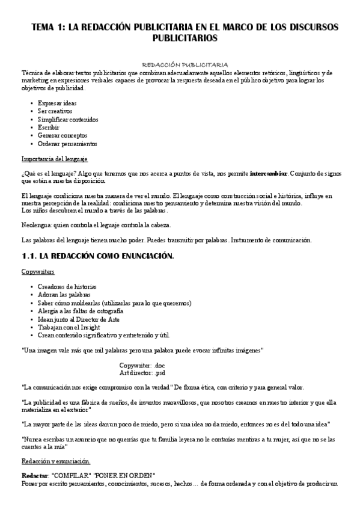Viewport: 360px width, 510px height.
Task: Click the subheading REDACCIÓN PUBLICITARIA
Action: click(x=184, y=64)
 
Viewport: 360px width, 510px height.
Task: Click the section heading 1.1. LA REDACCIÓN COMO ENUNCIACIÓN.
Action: click(x=97, y=256)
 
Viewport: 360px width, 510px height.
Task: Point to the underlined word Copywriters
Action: click(x=38, y=272)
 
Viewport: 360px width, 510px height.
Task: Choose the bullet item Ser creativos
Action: click(x=55, y=111)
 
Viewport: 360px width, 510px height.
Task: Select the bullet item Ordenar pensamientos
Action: click(x=67, y=144)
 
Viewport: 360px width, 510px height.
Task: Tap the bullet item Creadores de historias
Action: click(x=67, y=287)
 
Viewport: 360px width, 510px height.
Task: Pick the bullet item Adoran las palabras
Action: click(x=62, y=295)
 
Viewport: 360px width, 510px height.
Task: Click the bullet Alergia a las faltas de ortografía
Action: click(x=81, y=312)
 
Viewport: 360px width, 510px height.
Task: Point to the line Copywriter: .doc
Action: click(x=142, y=365)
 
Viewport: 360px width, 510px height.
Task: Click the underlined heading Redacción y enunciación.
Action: click(x=56, y=461)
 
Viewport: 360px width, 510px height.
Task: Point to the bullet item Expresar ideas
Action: click(x=57, y=103)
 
